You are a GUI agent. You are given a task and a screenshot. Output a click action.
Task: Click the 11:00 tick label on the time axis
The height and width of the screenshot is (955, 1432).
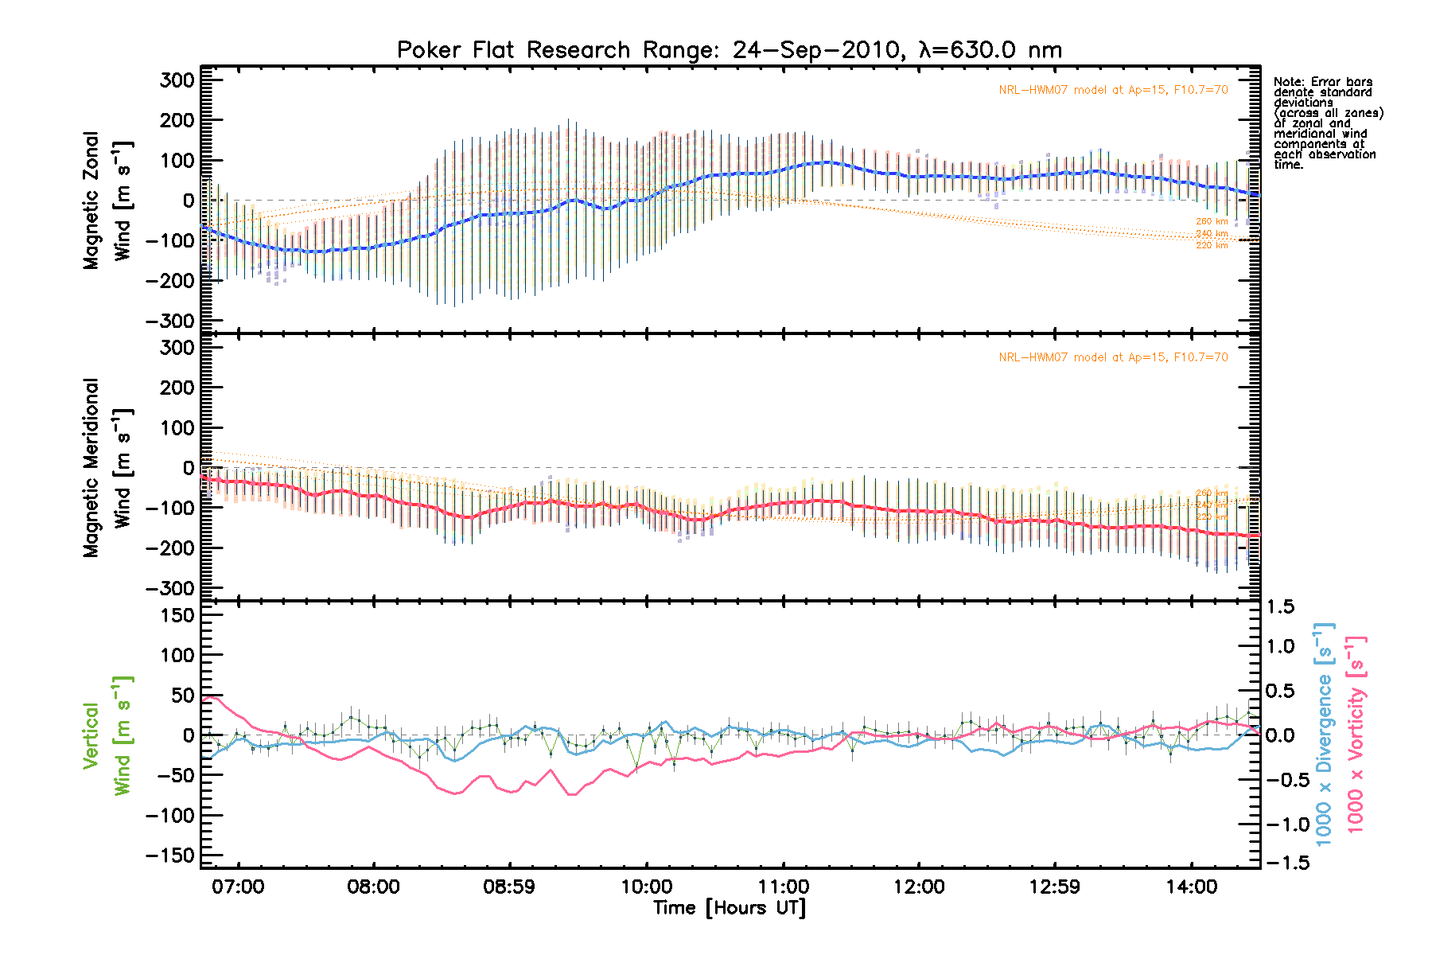click(x=783, y=887)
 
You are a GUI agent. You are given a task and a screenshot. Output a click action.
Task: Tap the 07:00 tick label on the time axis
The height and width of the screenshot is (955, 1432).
click(x=238, y=887)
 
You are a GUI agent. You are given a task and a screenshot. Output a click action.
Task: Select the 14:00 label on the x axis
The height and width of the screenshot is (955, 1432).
click(x=1191, y=887)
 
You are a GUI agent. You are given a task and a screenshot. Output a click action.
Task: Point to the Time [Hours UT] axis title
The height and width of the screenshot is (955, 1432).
click(x=729, y=908)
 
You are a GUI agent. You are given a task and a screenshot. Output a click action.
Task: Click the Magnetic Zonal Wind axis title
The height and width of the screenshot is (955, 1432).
click(x=108, y=201)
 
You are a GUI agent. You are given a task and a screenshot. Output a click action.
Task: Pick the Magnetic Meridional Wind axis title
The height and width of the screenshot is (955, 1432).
click(x=108, y=468)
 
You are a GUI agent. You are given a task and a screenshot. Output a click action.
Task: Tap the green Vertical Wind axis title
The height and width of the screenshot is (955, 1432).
click(x=108, y=735)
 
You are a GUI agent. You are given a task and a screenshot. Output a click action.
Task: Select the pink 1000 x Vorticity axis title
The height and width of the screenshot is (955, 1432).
click(x=1356, y=735)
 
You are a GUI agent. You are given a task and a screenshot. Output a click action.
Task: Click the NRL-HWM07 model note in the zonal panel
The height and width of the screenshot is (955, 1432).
click(x=1113, y=90)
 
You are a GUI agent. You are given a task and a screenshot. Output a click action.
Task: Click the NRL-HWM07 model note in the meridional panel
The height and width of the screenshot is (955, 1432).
click(x=1113, y=357)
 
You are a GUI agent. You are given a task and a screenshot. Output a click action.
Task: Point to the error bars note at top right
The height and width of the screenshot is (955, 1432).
click(x=1327, y=123)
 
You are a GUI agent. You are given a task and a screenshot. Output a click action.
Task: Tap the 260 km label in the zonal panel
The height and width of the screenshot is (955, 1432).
click(x=1212, y=221)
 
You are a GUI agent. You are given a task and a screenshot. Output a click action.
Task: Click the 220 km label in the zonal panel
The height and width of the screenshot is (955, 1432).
click(x=1212, y=245)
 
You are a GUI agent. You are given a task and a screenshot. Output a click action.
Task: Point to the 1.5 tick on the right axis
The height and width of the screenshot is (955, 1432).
click(x=1280, y=607)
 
